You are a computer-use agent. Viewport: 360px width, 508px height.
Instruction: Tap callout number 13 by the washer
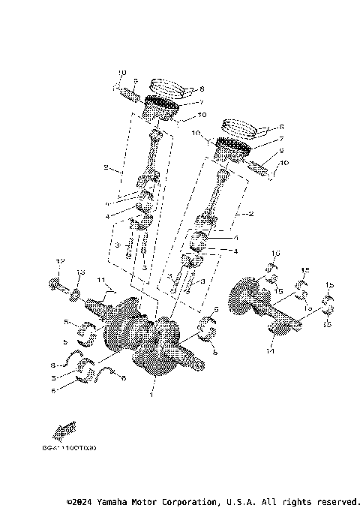point(82,272)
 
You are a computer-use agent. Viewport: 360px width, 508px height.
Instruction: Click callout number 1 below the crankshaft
point(152,394)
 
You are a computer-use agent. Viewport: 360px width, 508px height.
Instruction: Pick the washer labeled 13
point(76,290)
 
